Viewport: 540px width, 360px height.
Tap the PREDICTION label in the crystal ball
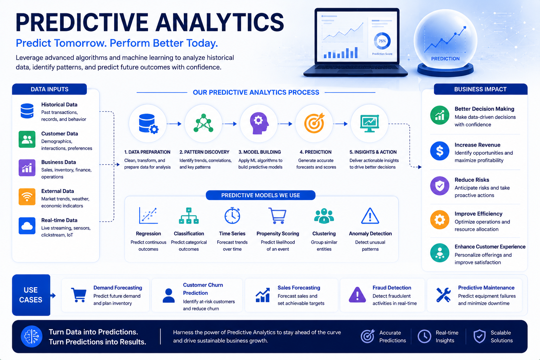coord(445,59)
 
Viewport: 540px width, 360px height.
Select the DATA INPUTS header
coord(50,89)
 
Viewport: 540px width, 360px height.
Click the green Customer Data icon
coord(27,139)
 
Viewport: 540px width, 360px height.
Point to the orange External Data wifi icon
coord(27,197)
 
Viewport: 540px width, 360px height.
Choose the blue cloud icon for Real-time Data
coord(27,226)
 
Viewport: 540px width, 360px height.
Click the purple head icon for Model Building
coord(259,123)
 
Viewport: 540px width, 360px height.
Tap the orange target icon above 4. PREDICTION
coord(314,123)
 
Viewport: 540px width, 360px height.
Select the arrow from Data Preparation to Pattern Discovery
coord(174,124)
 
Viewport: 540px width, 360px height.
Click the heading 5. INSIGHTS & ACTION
coord(373,152)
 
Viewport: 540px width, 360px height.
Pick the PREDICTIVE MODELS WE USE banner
coord(261,195)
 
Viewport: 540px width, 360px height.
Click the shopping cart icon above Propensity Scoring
coord(277,216)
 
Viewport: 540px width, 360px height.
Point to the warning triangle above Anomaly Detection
coord(370,216)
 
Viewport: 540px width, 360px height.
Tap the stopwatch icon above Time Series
coord(232,215)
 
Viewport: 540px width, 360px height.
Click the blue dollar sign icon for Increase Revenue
coord(440,151)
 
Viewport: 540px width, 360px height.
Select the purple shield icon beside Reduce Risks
coord(440,186)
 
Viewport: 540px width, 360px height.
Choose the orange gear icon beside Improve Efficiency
coord(440,220)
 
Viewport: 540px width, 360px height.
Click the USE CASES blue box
coord(31,295)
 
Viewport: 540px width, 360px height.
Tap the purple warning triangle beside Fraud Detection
coord(357,295)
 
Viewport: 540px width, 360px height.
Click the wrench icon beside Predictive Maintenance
coord(443,295)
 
